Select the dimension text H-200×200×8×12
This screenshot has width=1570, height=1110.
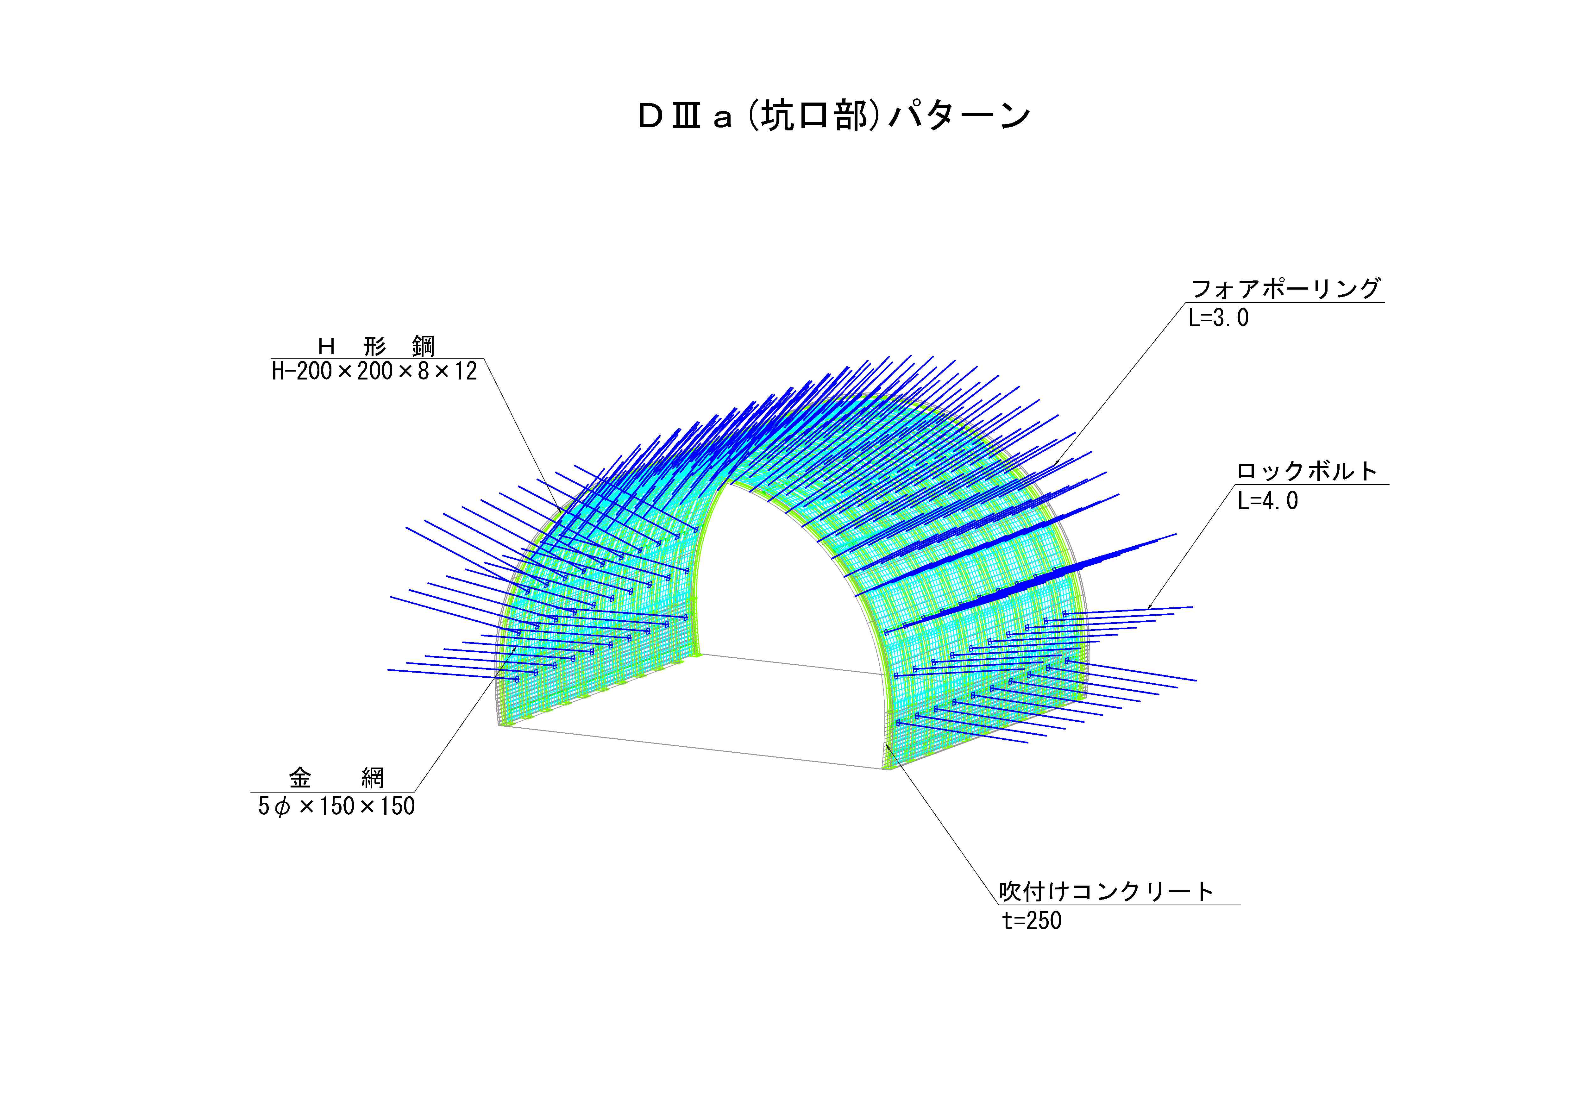[374, 371]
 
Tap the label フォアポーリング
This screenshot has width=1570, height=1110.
[1285, 289]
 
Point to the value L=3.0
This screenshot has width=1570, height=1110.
[1219, 318]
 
